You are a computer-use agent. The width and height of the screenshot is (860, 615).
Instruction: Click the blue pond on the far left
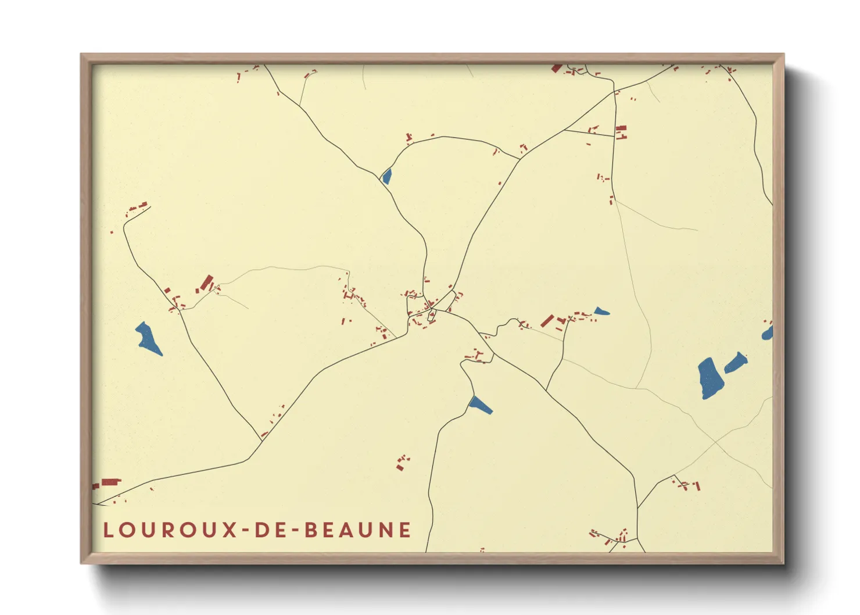click(149, 338)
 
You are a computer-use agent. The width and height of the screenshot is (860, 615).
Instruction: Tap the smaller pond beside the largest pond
click(736, 363)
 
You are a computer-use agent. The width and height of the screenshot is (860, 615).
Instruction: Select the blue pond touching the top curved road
click(386, 176)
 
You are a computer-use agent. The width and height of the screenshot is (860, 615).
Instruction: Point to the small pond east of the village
click(601, 312)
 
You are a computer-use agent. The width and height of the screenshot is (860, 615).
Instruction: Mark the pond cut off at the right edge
click(768, 333)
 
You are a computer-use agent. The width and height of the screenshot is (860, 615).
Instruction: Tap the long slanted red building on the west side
click(206, 283)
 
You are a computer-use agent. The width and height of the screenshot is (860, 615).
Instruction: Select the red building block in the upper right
click(621, 132)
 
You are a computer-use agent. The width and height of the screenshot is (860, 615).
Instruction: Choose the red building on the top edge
click(557, 68)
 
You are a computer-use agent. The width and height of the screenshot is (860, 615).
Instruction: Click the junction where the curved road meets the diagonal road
click(519, 158)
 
